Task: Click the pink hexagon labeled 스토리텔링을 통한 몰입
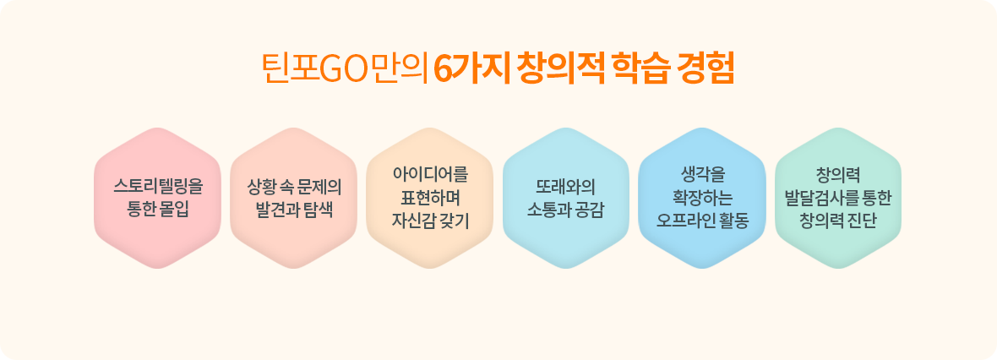(x=158, y=198)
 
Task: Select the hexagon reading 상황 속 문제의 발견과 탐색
(x=294, y=198)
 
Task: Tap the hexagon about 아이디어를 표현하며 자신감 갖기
(x=430, y=198)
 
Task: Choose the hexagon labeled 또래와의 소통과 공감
(x=566, y=198)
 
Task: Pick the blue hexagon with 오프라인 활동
(x=702, y=198)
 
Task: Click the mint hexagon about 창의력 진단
(x=838, y=198)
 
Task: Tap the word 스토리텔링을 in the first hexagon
(x=158, y=187)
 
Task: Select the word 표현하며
(x=430, y=198)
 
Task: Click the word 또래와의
(x=566, y=187)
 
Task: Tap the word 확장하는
(x=702, y=198)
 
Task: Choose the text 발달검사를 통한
(x=838, y=198)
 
